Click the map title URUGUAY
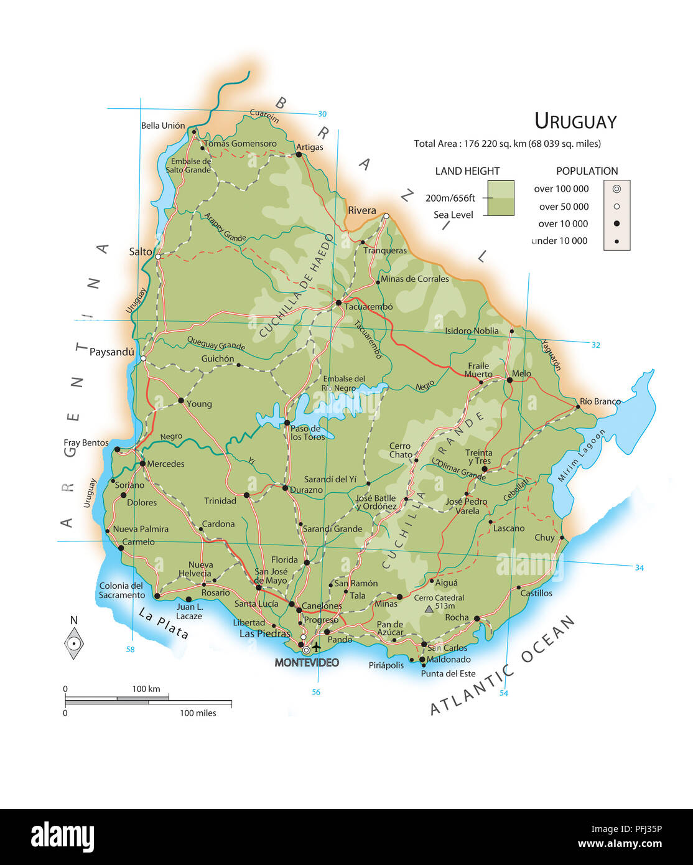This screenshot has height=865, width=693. tap(575, 121)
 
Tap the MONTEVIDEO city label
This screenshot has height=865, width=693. tap(307, 663)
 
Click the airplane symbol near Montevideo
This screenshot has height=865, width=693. tap(317, 647)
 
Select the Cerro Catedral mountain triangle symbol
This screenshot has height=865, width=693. tap(429, 609)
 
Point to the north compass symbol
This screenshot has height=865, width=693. tap(74, 641)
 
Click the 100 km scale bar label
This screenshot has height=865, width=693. tap(146, 689)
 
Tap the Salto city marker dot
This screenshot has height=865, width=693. tap(158, 256)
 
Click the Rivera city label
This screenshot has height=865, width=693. tap(361, 210)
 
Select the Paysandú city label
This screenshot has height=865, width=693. tap(111, 352)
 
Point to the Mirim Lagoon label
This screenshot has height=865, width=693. tap(581, 456)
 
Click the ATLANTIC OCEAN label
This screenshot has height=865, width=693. tap(503, 666)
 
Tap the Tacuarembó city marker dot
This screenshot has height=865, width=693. tap(339, 303)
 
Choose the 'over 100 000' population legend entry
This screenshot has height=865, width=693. tap(561, 189)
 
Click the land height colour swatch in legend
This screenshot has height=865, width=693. tap(501, 198)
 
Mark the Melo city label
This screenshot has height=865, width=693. tap(521, 373)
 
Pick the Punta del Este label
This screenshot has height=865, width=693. tap(448, 673)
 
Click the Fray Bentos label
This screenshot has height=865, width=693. tap(86, 442)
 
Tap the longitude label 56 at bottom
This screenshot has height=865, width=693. tap(316, 692)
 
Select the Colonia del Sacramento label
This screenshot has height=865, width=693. tap(121, 591)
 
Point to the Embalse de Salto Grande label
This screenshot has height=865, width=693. tap(190, 166)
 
